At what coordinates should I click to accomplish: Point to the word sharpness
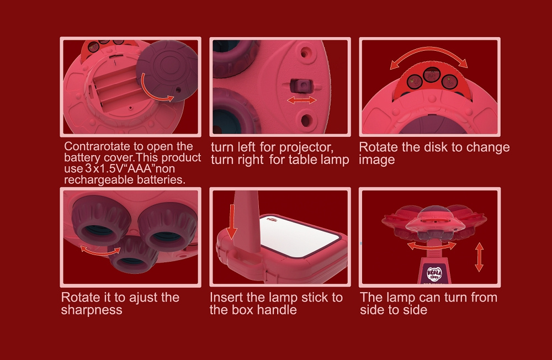click(x=92, y=310)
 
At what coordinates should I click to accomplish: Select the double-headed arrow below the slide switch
click(x=302, y=100)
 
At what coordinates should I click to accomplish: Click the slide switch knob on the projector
click(x=301, y=86)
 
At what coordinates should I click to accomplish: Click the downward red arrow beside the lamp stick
click(x=232, y=222)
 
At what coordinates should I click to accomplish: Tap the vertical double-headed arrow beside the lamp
click(x=479, y=257)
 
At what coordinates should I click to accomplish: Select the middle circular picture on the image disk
click(x=432, y=75)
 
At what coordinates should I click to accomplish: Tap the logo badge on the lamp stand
click(x=434, y=274)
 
